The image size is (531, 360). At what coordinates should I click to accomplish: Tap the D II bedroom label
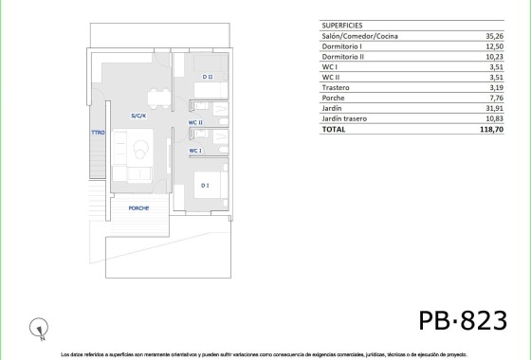click(x=207, y=77)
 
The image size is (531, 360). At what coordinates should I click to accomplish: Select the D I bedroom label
click(x=205, y=186)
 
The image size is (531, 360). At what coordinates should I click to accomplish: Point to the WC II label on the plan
click(x=194, y=122)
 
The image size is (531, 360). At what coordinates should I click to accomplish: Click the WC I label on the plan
click(x=194, y=151)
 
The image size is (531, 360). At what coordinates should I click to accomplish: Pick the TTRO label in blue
click(x=98, y=134)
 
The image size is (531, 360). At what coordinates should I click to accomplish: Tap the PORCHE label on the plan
click(x=139, y=207)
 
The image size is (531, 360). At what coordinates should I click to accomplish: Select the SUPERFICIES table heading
click(x=343, y=26)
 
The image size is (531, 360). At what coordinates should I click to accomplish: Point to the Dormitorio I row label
click(x=344, y=46)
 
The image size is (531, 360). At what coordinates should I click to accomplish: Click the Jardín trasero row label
click(x=346, y=118)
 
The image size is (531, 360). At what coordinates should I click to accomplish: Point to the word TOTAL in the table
click(x=335, y=129)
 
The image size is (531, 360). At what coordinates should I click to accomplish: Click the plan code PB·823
click(x=463, y=320)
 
